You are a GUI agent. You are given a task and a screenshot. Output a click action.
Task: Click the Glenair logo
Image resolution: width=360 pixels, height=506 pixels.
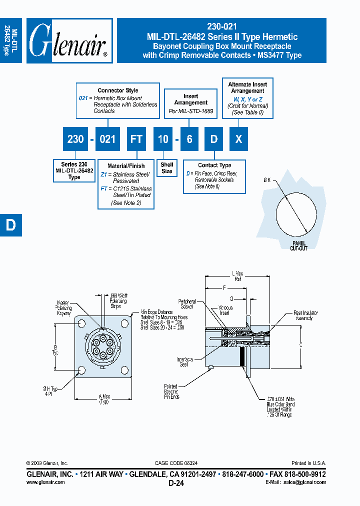click(68, 41)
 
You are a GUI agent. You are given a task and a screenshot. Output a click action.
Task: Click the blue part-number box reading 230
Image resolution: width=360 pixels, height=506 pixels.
click(75, 139)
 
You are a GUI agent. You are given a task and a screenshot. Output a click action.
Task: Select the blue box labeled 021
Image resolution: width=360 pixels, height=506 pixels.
click(107, 139)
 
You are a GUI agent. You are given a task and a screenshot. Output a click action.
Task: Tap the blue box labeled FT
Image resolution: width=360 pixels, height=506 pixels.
click(136, 139)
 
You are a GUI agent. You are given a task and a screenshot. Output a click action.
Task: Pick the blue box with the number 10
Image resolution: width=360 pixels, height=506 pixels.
click(163, 139)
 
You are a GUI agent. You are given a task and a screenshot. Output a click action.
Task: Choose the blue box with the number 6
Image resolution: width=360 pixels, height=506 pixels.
click(189, 139)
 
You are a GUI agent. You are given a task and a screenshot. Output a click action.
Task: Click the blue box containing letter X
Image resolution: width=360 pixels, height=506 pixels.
click(238, 139)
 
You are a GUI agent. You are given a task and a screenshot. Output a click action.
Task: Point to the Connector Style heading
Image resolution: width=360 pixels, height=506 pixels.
click(118, 90)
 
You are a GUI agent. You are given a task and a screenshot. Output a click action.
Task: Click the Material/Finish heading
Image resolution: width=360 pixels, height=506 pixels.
click(126, 166)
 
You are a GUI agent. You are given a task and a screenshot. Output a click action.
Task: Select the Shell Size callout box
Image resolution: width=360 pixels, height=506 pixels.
click(167, 168)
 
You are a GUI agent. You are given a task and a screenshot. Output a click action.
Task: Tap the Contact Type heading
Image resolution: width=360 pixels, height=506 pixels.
click(214, 165)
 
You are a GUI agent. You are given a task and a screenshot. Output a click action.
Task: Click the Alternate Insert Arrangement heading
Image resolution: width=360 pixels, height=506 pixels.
click(247, 88)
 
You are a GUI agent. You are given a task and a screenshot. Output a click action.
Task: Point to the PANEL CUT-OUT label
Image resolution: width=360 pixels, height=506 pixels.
click(298, 245)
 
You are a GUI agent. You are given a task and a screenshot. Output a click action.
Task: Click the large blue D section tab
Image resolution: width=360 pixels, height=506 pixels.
click(10, 225)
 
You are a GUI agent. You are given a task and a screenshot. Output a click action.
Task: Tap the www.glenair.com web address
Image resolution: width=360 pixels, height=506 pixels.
click(45, 482)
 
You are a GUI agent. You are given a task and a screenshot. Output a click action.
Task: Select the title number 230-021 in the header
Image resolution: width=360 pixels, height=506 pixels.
click(221, 27)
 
